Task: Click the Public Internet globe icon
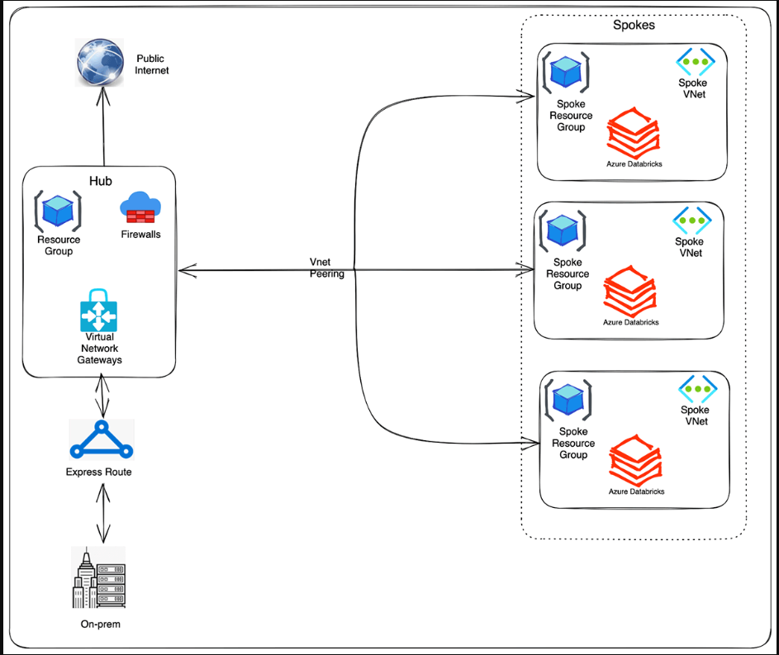click(100, 63)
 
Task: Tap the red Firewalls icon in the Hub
click(140, 207)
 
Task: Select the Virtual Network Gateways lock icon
click(99, 310)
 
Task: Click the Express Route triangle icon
click(102, 439)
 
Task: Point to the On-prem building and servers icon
click(98, 577)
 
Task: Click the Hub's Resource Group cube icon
click(58, 211)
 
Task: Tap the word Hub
click(100, 181)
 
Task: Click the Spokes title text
click(634, 25)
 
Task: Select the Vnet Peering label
click(326, 268)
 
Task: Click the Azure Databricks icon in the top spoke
click(634, 133)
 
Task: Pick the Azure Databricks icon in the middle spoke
click(630, 291)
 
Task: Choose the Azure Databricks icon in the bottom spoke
click(636, 460)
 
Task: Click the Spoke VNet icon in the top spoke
click(695, 62)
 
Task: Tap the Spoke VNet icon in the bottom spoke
click(697, 389)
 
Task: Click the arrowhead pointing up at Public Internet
click(103, 97)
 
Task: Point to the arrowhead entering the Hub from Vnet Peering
click(187, 271)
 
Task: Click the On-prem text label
click(100, 624)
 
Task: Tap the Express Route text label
click(99, 472)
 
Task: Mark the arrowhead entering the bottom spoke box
click(530, 443)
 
